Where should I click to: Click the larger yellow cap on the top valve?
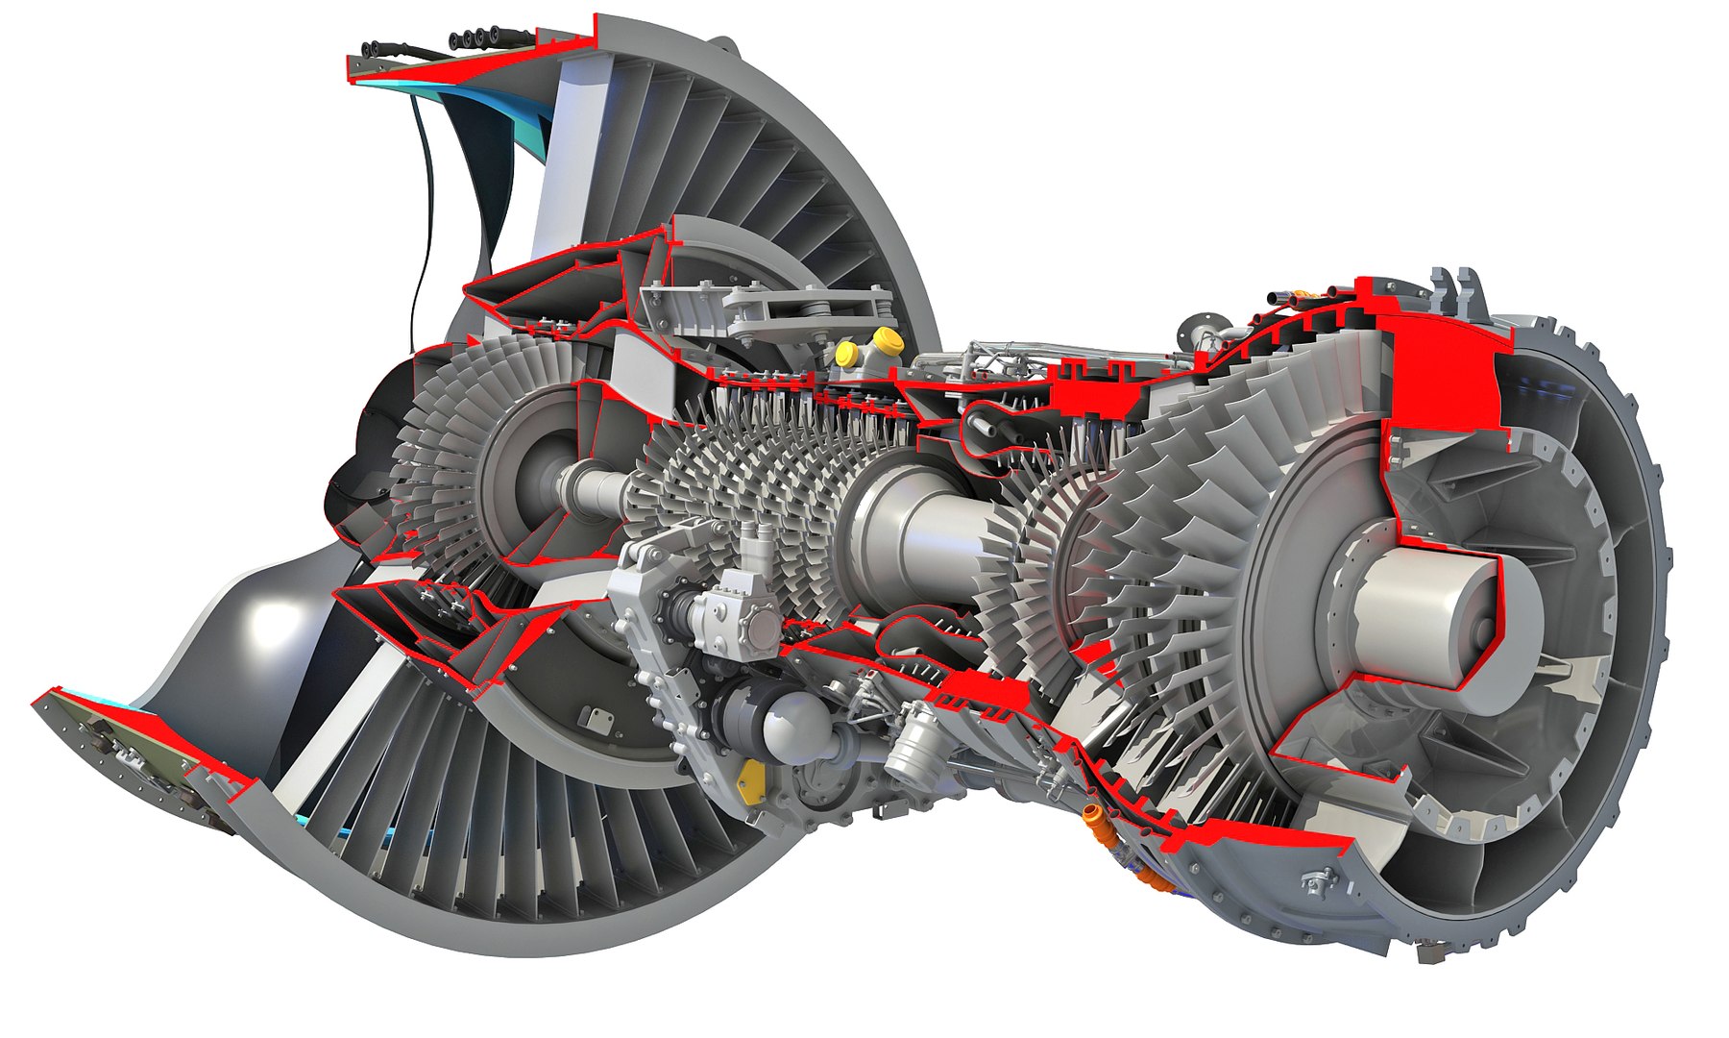pos(886,339)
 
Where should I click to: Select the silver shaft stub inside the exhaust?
pos(1422,602)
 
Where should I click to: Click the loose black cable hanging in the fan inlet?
pos(421,221)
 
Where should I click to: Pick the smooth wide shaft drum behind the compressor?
pos(913,538)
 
